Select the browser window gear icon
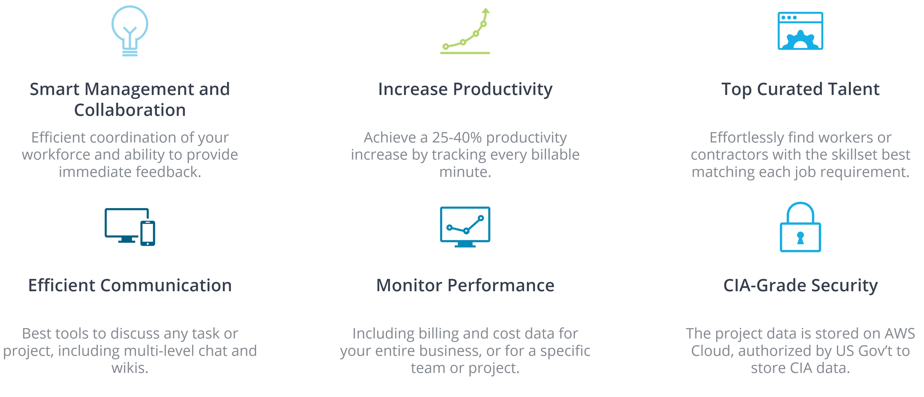(800, 31)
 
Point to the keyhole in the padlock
(800, 238)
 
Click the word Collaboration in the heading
(130, 110)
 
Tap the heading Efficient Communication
(130, 285)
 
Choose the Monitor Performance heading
(465, 285)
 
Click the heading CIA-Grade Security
(801, 286)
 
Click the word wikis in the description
(130, 368)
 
